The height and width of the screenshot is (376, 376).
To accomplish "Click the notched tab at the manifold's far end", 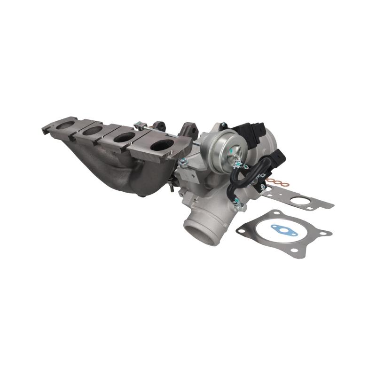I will click(x=47, y=127).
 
